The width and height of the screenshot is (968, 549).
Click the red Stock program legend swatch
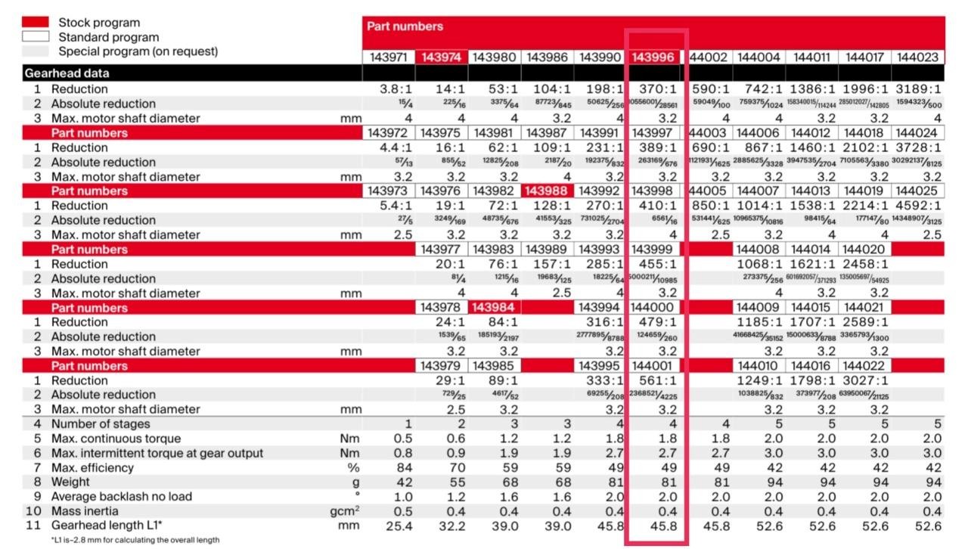pos(36,23)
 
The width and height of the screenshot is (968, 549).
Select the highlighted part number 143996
pos(653,57)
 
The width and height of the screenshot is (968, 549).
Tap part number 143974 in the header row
pos(442,57)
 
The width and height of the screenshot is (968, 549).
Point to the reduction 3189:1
pos(917,89)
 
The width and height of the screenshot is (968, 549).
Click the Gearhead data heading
pos(67,73)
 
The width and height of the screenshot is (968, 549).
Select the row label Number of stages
pos(101,424)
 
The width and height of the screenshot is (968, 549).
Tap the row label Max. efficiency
pos(92,468)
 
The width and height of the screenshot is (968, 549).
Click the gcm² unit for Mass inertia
pos(344,511)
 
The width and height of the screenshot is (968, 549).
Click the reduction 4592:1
pos(917,206)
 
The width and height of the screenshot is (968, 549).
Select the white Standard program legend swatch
pos(36,36)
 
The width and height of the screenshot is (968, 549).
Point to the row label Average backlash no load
pos(121,497)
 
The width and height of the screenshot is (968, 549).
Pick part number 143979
pos(442,366)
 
